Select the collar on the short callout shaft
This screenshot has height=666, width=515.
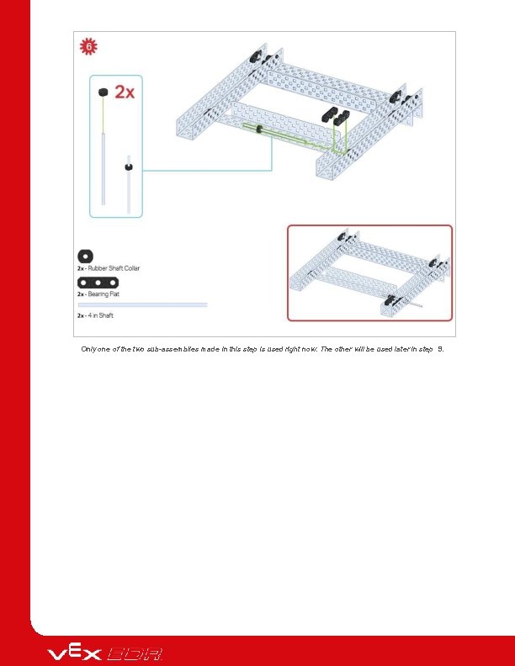(128, 166)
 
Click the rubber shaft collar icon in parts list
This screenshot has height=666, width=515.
(84, 256)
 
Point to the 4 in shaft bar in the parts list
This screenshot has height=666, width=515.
(141, 304)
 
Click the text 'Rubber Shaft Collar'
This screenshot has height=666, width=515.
(114, 268)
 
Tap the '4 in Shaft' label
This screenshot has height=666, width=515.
(102, 315)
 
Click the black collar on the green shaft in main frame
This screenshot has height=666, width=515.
(260, 129)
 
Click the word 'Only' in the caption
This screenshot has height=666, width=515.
(90, 348)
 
